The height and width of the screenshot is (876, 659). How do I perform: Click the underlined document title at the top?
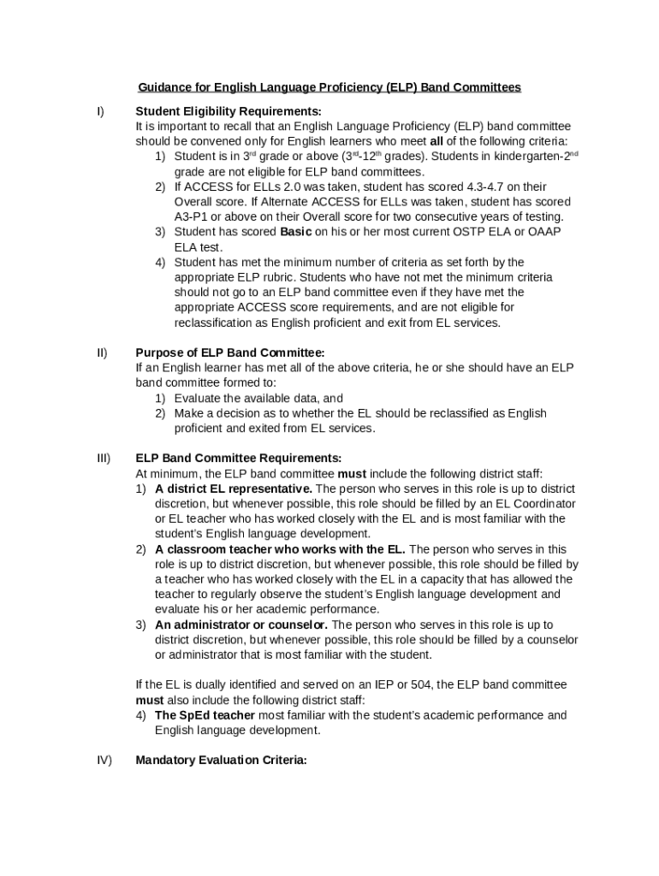329,87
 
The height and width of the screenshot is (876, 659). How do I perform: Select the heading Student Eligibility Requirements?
229,111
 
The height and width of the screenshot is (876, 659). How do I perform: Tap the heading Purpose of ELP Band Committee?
230,352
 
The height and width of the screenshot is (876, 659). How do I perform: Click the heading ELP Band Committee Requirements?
238,458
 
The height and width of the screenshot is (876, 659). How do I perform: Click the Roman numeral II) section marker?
102,352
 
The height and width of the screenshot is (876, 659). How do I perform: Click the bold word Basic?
296,232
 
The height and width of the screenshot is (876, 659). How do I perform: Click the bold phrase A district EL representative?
234,488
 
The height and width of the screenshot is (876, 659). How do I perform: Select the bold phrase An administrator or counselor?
241,624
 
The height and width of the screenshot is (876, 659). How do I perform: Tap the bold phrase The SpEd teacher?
205,715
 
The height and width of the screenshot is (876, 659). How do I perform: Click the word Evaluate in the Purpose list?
199,398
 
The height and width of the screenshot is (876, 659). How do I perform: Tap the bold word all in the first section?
436,141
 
